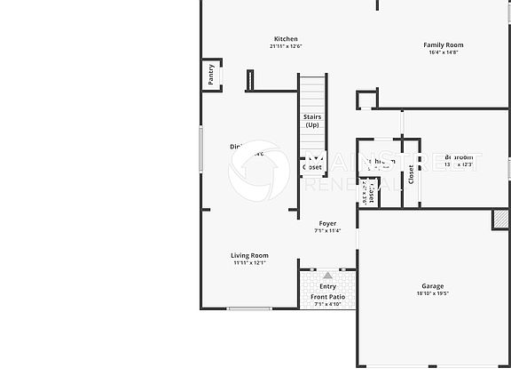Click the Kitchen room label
click(x=286, y=38)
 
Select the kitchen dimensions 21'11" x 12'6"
click(x=286, y=46)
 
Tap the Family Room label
click(x=443, y=44)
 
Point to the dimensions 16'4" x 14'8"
click(x=443, y=52)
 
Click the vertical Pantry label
click(x=211, y=76)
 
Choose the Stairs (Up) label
click(x=312, y=121)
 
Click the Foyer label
click(x=328, y=223)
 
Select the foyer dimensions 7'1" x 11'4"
click(x=328, y=231)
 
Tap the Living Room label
click(x=249, y=255)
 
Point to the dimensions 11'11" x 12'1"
click(x=249, y=263)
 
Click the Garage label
click(x=433, y=285)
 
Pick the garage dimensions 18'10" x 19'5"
click(x=433, y=293)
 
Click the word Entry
click(x=328, y=286)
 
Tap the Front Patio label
click(x=328, y=297)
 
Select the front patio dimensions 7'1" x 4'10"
click(x=328, y=304)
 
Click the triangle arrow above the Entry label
click(x=328, y=276)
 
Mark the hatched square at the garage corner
click(x=501, y=219)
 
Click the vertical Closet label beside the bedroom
click(x=411, y=174)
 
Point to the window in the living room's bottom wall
click(x=249, y=308)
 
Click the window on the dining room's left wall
click(x=201, y=149)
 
